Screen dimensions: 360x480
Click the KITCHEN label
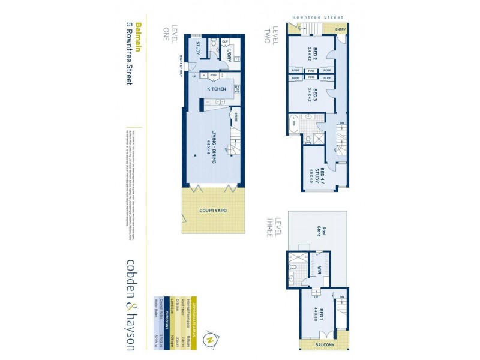[x=217, y=89]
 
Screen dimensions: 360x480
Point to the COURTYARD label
[x=213, y=211]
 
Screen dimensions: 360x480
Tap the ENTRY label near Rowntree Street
[x=340, y=29]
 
